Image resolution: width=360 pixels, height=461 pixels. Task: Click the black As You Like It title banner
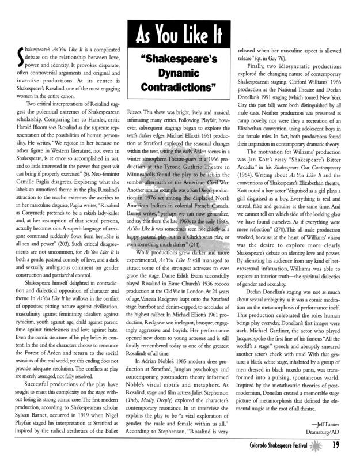[x=180, y=36]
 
